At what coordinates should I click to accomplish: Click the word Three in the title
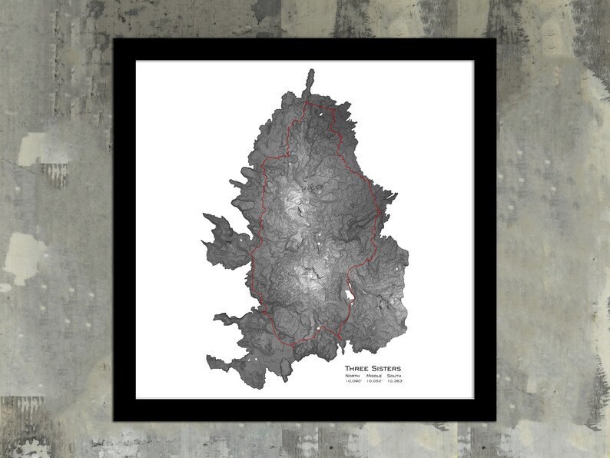pyautogui.click(x=357, y=368)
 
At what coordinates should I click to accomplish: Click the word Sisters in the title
pyautogui.click(x=386, y=368)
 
